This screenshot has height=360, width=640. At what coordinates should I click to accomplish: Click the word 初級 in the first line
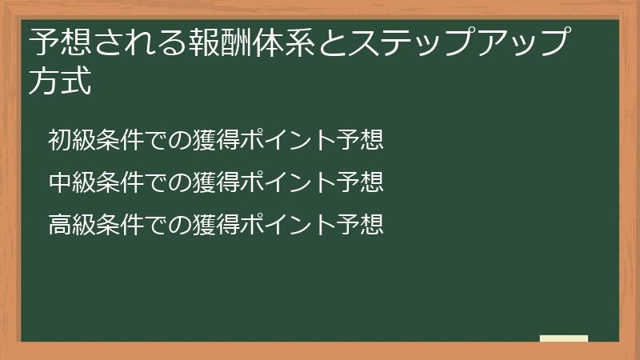coord(71,140)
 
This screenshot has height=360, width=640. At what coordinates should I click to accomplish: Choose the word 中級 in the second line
coord(71,182)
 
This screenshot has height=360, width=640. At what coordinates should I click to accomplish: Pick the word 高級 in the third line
coord(71,225)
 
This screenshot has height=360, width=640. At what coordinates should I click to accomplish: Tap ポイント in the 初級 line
coord(287,140)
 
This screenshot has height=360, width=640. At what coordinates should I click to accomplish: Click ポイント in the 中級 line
coord(287,182)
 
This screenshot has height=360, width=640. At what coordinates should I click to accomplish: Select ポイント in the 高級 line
coord(287,225)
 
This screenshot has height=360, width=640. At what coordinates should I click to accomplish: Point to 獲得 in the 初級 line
coord(215,140)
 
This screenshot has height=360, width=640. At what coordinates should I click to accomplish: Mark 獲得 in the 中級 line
coord(215,182)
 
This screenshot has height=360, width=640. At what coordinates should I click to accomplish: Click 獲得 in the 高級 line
coord(215,225)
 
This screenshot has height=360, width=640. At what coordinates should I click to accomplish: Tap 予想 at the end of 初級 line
coord(359,140)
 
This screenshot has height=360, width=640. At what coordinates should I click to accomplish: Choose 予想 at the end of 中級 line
coord(359,182)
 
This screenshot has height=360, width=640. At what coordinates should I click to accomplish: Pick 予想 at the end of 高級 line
coord(359,225)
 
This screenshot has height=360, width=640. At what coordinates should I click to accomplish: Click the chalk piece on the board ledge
coord(564,338)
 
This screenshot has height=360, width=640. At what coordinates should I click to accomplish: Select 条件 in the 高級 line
coord(119,225)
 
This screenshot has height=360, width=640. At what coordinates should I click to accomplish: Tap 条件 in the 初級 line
coord(119,140)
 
